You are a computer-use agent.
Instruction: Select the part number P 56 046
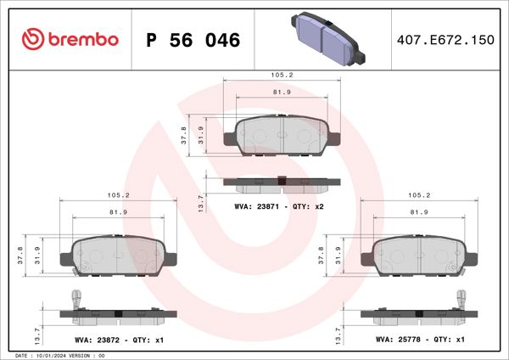click(x=193, y=40)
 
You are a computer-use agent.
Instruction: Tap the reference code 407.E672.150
click(x=445, y=40)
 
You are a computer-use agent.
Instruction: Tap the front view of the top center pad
click(x=281, y=136)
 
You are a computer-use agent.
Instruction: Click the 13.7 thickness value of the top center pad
click(x=200, y=200)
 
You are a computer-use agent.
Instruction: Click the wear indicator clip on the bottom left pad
click(x=75, y=299)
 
